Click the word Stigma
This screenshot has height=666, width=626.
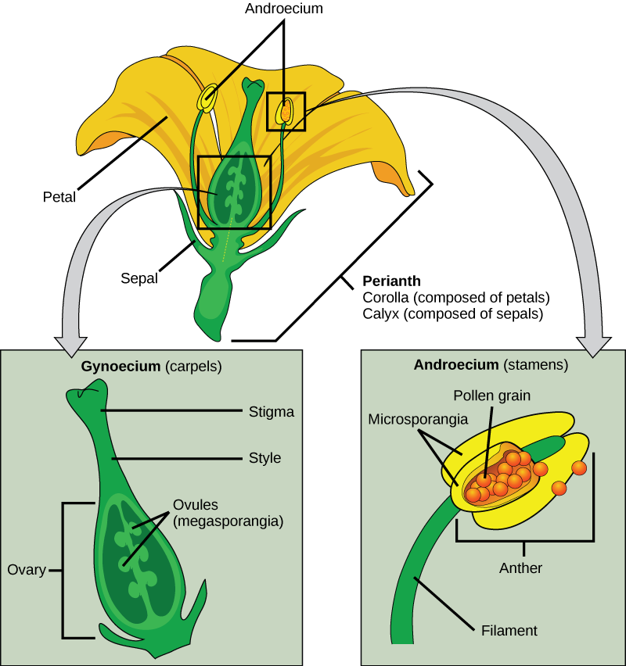pyautogui.click(x=271, y=411)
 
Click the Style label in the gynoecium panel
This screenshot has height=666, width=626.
pyautogui.click(x=264, y=458)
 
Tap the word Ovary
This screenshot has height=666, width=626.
pyautogui.click(x=26, y=570)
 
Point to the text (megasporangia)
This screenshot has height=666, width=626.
pyautogui.click(x=226, y=521)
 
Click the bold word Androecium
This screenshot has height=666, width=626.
pyautogui.click(x=456, y=365)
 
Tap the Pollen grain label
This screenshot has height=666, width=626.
pyautogui.click(x=492, y=396)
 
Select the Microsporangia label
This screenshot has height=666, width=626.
pyautogui.click(x=418, y=419)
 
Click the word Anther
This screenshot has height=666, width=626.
pyautogui.click(x=520, y=568)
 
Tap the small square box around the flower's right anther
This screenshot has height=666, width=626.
pyautogui.click(x=286, y=112)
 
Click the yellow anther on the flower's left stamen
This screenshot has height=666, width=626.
pyautogui.click(x=208, y=98)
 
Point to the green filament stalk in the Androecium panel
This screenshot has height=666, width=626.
pyautogui.click(x=415, y=578)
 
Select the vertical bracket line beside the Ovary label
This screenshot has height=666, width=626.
pyautogui.click(x=63, y=570)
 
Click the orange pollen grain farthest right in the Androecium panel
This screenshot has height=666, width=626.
pyautogui.click(x=579, y=467)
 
